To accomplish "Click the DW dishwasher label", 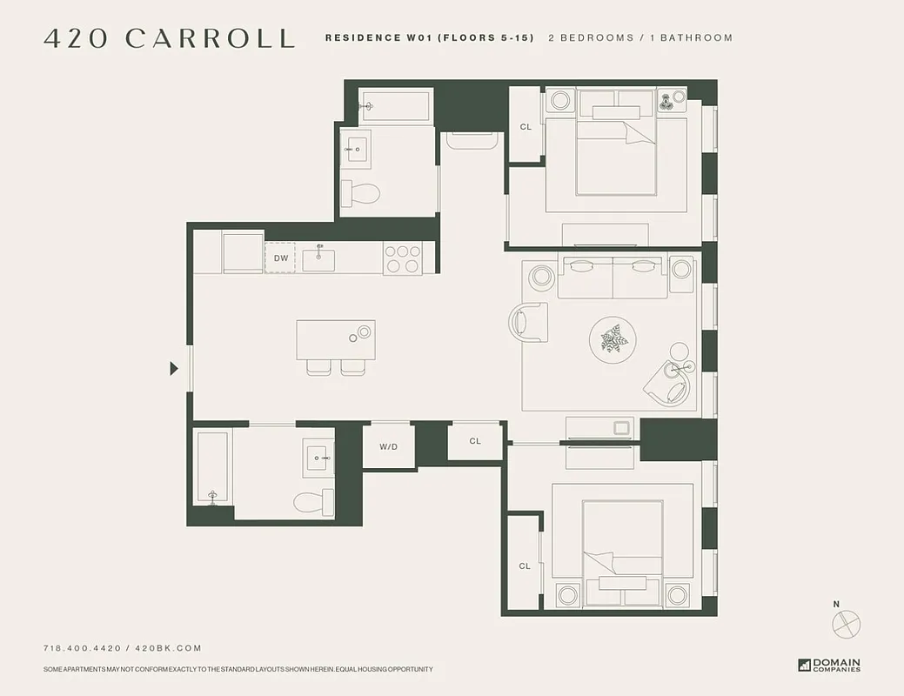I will (x=280, y=258).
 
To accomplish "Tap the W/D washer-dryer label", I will (x=388, y=446).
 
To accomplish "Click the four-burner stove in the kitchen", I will (x=402, y=258).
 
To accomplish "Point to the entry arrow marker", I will (x=174, y=369).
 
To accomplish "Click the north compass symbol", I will (x=845, y=623).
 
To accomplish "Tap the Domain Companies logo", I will (x=829, y=665).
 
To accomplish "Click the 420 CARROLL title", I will (x=169, y=39).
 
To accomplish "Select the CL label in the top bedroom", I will (x=526, y=127).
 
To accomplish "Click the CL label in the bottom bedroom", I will (x=525, y=566).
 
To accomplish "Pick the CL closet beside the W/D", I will (x=475, y=441).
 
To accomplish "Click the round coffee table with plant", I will (x=613, y=339).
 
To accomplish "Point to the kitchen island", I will (x=335, y=340).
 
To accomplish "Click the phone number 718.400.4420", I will (x=82, y=648).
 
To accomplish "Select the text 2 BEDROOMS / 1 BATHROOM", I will (x=640, y=38).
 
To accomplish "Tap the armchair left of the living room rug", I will (x=528, y=322).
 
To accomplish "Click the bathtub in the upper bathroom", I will (x=396, y=105).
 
